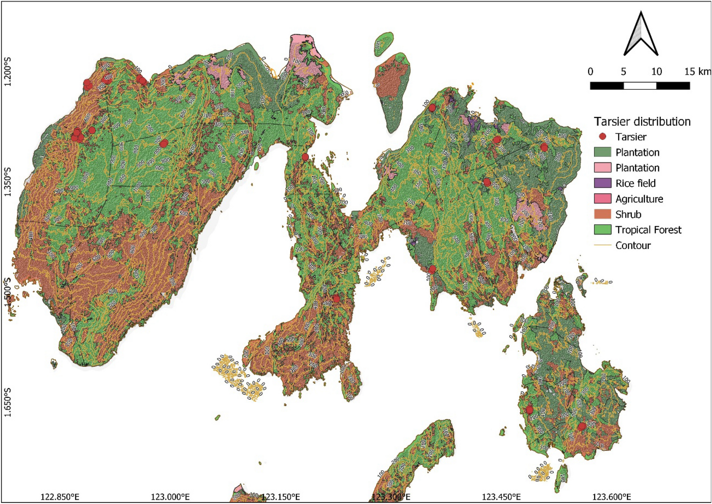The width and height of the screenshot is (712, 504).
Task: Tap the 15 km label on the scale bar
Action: tap(697, 72)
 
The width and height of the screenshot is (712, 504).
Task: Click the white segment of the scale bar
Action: tap(640, 86)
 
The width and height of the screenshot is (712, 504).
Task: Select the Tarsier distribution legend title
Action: tap(642, 122)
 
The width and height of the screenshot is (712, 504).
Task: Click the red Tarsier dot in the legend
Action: tap(602, 137)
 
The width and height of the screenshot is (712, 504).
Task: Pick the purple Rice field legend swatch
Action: tap(602, 183)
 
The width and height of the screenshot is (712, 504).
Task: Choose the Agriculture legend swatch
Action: tap(602, 199)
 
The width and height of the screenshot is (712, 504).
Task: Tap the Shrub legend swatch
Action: tap(602, 214)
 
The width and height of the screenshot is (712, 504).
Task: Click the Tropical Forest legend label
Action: tap(648, 230)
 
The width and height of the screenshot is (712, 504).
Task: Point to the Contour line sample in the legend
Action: tap(602, 245)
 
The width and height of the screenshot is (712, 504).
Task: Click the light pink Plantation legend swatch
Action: tap(602, 168)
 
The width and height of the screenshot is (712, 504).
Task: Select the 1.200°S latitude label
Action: tap(7, 72)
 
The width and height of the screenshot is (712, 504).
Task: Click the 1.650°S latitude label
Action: tap(7, 403)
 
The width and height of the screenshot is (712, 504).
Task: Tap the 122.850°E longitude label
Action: tap(60, 497)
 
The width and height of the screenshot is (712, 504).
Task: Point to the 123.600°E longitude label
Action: tap(611, 497)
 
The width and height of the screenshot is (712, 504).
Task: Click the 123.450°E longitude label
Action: tap(501, 497)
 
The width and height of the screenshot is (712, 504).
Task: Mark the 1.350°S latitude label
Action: tap(7, 182)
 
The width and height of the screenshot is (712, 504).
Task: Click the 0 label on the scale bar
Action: tap(590, 72)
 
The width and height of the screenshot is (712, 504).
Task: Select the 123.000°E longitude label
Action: tap(170, 497)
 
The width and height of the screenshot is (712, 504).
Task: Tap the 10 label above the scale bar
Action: tap(656, 72)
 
